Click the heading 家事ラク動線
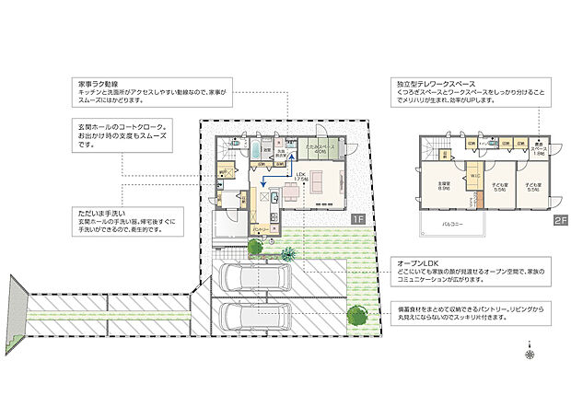[98, 83]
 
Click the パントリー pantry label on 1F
[261, 228]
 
